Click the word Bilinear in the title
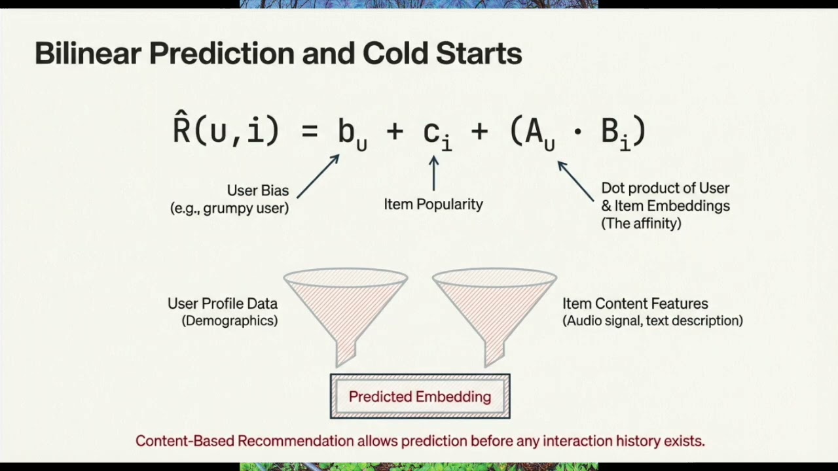88,54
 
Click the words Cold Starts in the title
442,54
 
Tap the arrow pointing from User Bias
318,176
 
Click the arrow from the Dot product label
576,181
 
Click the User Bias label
257,190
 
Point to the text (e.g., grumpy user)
229,209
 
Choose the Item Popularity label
433,204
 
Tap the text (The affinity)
641,223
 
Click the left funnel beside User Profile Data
346,307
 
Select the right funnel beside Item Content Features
494,307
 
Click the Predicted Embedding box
420,396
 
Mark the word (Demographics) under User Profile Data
229,321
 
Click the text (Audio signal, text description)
653,321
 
